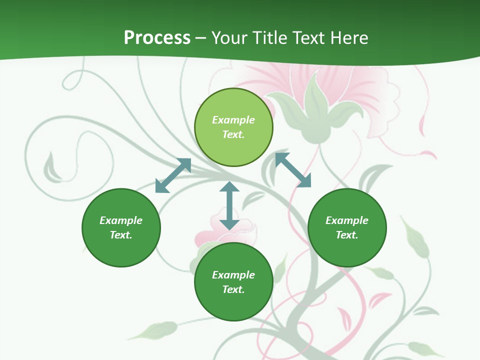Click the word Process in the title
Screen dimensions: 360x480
(157, 38)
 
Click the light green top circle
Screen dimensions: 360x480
(233, 127)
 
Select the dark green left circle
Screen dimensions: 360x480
(121, 227)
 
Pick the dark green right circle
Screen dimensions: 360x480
(347, 227)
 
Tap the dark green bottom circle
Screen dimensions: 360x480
(233, 282)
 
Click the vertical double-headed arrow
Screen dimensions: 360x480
(229, 205)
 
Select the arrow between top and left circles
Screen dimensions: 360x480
(173, 175)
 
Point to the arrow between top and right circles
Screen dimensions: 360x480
(293, 170)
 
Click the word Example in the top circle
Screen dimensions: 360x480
(233, 120)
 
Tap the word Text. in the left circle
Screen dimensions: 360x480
(121, 235)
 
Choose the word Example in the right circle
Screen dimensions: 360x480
(347, 220)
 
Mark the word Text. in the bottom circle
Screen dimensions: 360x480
(233, 289)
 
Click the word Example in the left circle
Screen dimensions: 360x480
(121, 220)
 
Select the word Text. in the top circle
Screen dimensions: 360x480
(233, 134)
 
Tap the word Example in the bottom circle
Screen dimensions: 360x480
(233, 275)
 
